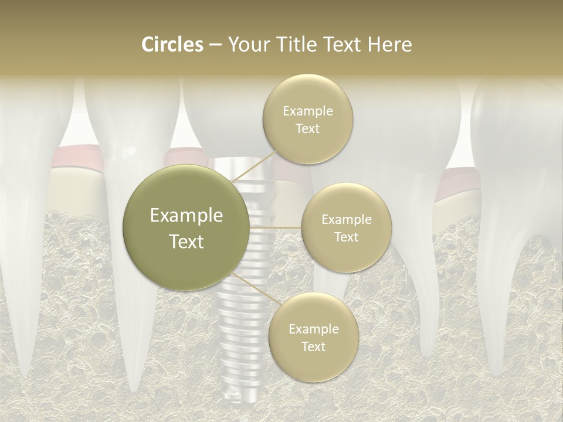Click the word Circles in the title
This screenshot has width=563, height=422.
point(173,45)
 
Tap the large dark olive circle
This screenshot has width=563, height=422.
point(186,227)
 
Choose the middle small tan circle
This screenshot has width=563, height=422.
point(346,227)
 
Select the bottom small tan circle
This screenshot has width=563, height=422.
point(313,337)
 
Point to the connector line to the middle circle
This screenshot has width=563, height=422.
point(275,227)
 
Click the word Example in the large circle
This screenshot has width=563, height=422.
point(186,216)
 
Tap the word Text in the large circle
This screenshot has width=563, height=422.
point(186,241)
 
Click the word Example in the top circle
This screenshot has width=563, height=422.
point(307,111)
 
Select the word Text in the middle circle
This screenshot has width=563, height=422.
point(346,237)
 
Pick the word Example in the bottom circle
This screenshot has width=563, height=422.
point(313,329)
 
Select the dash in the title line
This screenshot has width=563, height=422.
point(215,45)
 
